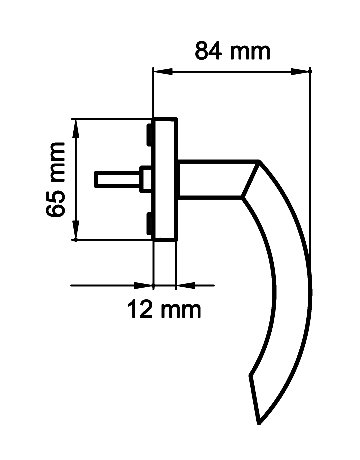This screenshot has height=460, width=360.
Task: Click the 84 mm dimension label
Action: coord(232,51)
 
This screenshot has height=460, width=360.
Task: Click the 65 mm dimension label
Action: coord(55,180)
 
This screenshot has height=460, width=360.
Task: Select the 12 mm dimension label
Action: coord(164,309)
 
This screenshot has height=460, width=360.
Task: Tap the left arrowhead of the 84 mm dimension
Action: coord(163,71)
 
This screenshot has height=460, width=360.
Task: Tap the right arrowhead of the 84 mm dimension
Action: coord(300,71)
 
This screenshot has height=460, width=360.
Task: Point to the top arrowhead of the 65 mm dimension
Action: coord(76,129)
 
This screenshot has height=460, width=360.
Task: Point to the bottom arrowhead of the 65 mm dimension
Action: coord(76,229)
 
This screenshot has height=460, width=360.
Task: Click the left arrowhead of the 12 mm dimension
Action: coord(143,285)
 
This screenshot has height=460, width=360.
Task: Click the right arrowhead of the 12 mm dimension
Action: coord(185,285)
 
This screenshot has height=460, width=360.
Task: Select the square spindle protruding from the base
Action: coord(117,179)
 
